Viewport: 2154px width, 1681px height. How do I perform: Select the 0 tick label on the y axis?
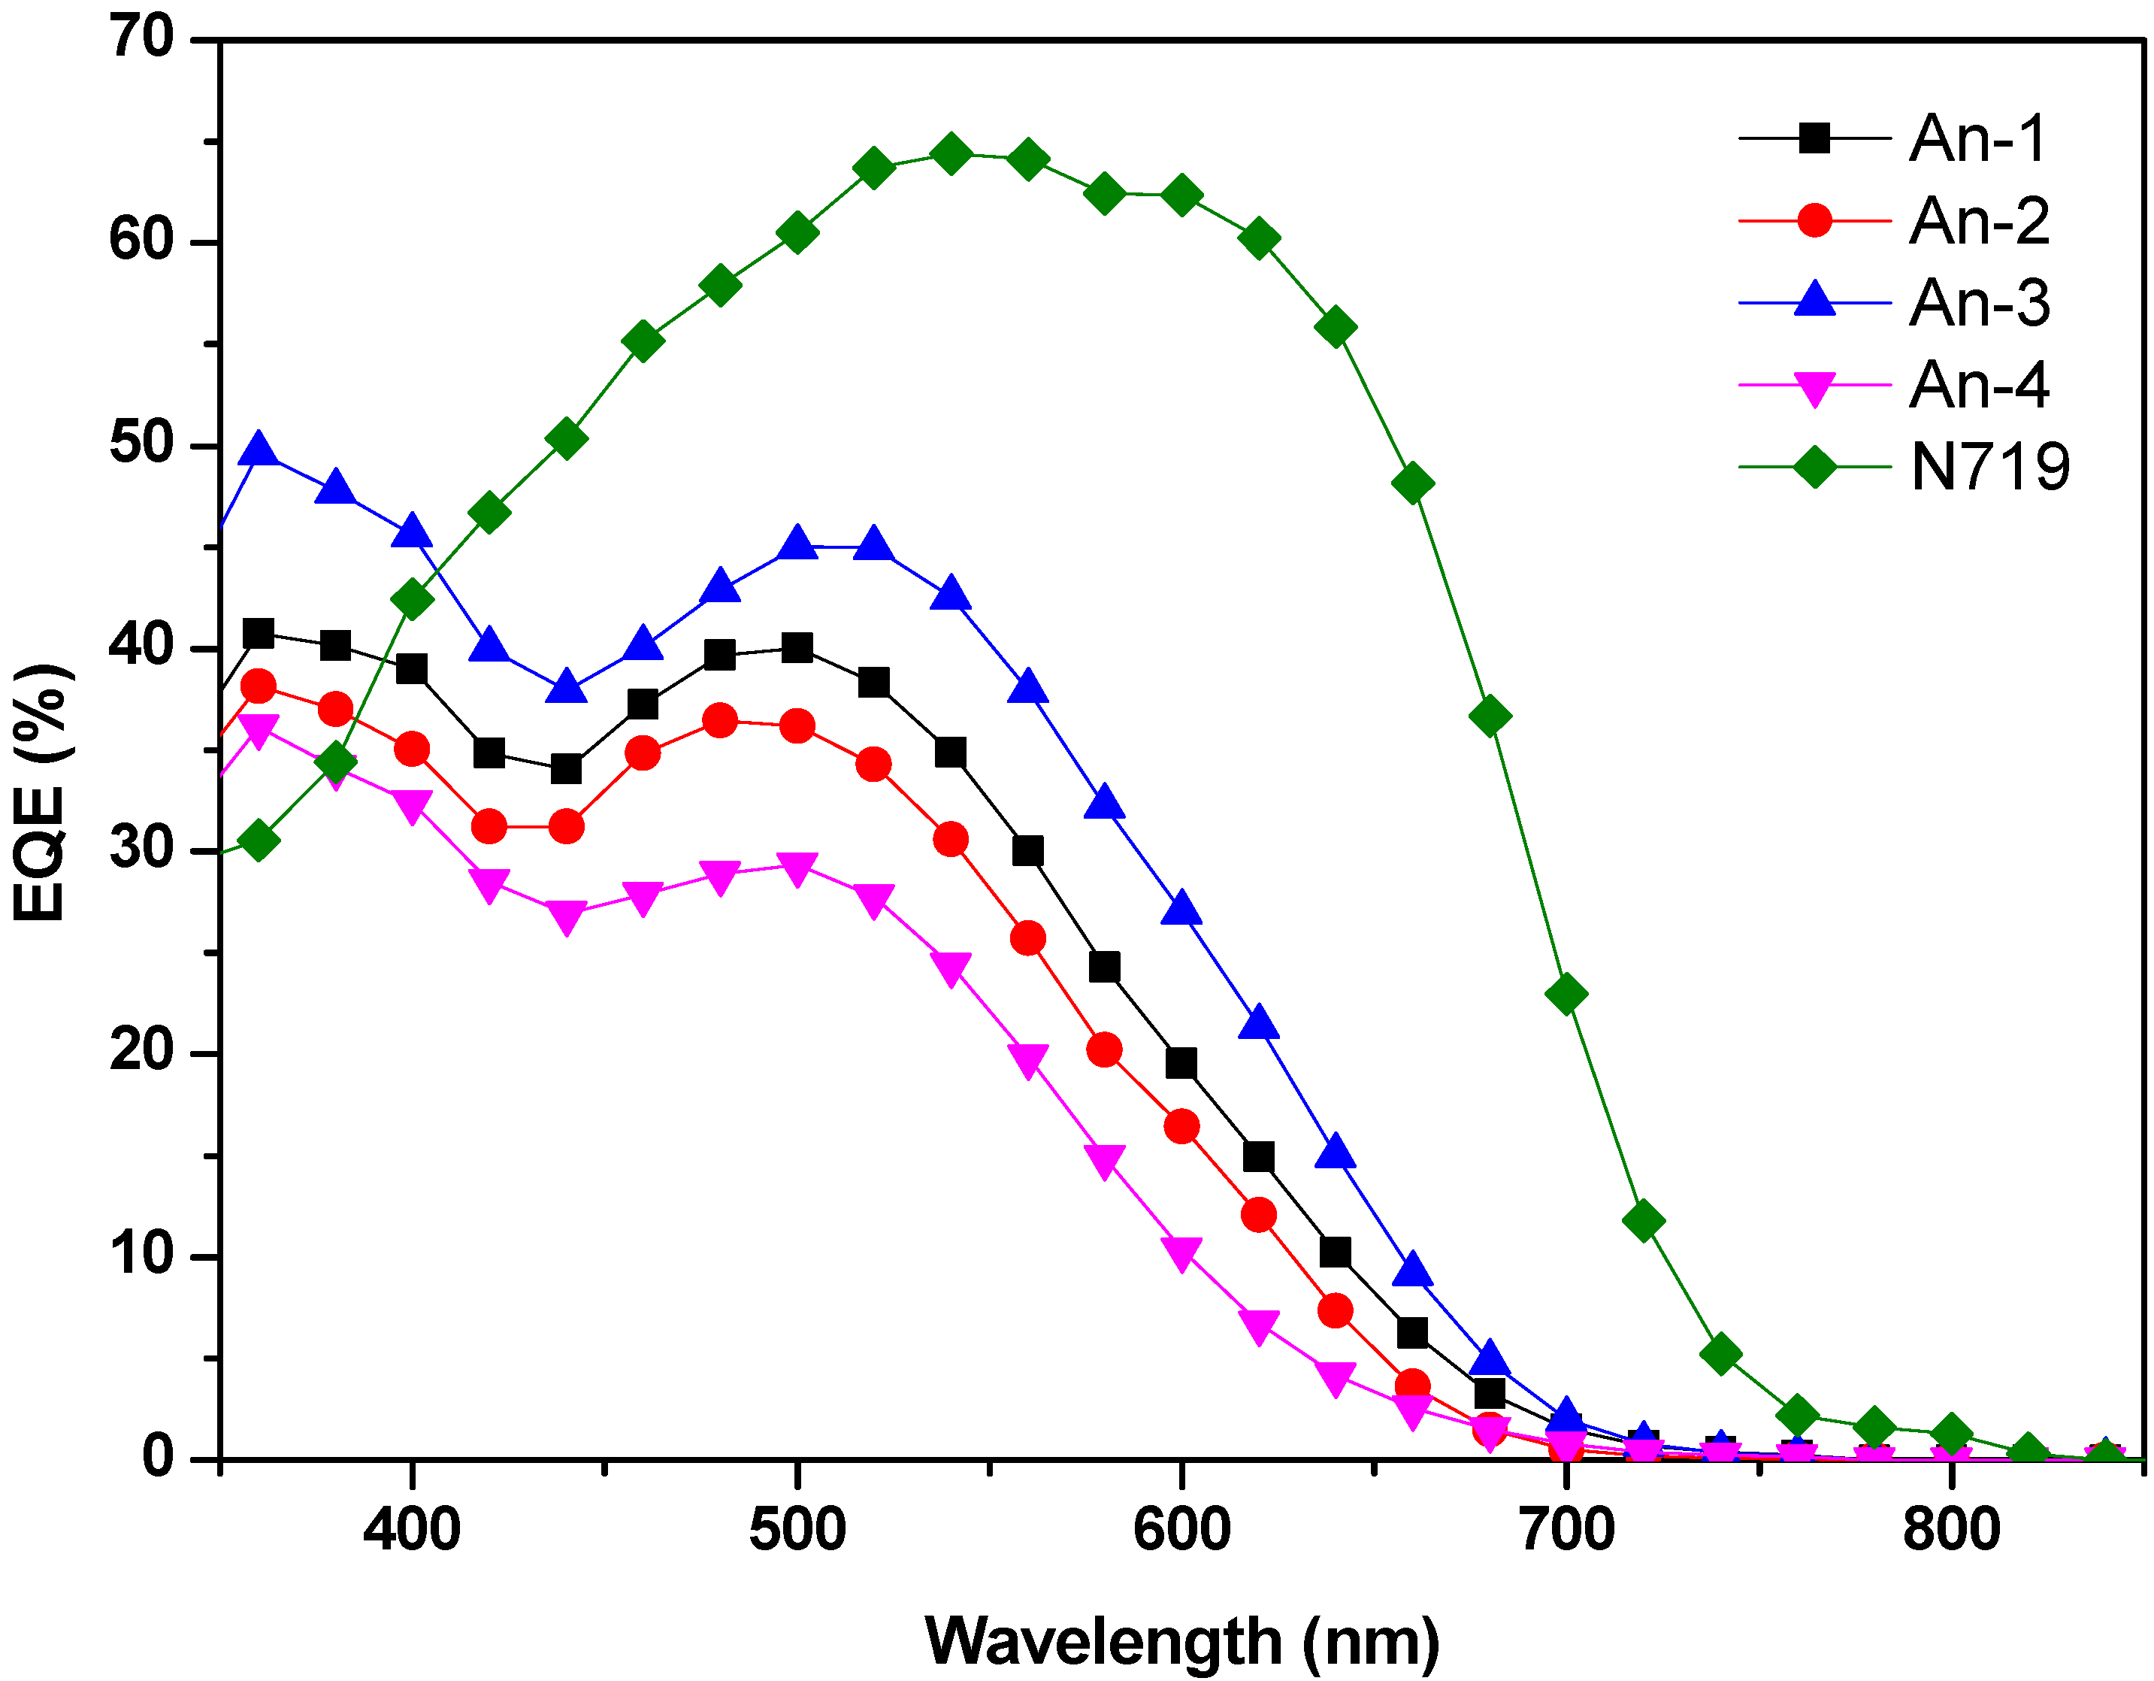coord(158,1457)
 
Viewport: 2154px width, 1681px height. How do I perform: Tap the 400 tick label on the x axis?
coord(411,1530)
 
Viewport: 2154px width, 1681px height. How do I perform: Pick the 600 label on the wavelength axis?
coord(1181,1530)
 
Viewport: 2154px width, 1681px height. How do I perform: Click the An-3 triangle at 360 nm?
coord(259,450)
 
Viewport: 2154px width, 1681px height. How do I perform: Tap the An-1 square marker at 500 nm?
coord(797,648)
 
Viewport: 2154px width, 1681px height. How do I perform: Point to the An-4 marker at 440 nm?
coord(566,916)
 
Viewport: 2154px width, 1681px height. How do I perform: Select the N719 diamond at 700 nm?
coord(1566,993)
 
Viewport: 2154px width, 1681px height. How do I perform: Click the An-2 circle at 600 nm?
coord(1181,1127)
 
